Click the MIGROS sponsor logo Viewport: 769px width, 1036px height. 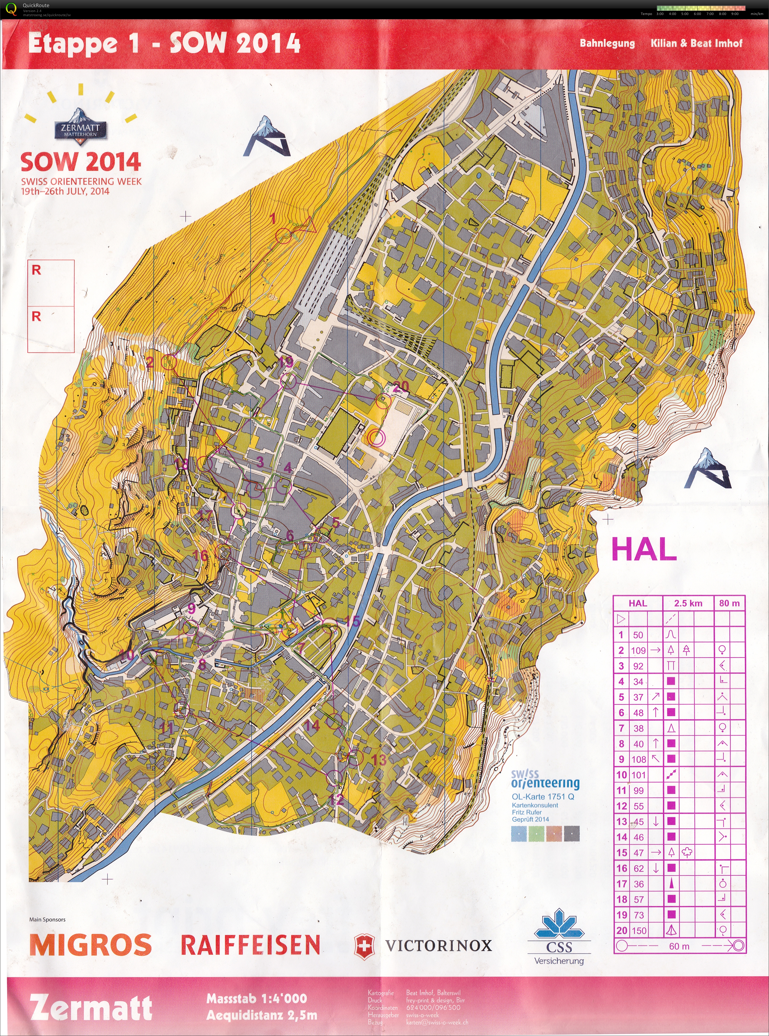[x=91, y=945]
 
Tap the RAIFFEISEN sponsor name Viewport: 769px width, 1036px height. [x=250, y=945]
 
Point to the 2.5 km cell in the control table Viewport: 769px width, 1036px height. [x=688, y=603]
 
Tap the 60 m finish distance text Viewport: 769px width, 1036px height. [x=679, y=946]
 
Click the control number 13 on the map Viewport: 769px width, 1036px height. [x=379, y=760]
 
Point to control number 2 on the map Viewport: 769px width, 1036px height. [x=150, y=363]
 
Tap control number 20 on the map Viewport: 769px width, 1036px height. [x=401, y=386]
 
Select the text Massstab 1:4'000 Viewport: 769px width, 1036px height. [x=257, y=998]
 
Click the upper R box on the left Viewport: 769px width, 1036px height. [x=51, y=283]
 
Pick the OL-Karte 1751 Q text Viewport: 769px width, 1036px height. [x=543, y=796]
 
